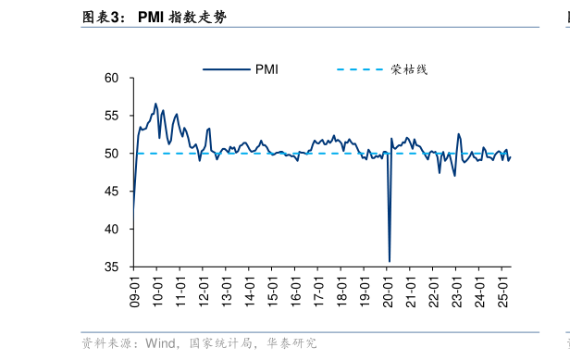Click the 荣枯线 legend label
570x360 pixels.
pyautogui.click(x=408, y=69)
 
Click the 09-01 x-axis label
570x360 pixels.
pyautogui.click(x=135, y=289)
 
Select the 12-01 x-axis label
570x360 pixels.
pyautogui.click(x=204, y=289)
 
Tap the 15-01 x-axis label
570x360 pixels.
pyautogui.click(x=273, y=289)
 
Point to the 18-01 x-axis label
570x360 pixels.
pyautogui.click(x=341, y=289)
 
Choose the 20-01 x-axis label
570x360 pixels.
pyautogui.click(x=388, y=289)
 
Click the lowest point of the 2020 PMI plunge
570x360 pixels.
pyautogui.click(x=390, y=261)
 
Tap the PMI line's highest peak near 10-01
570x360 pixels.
pyautogui.click(x=155, y=104)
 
